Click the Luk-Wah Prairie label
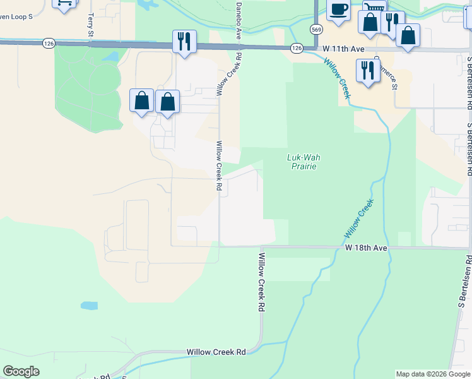(x=300, y=162)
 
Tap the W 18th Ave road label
(x=366, y=248)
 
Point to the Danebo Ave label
(x=239, y=21)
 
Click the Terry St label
(x=91, y=25)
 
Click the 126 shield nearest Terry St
(x=49, y=43)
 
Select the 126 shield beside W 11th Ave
(x=297, y=48)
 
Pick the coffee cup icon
(x=338, y=10)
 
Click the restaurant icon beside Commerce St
(x=367, y=69)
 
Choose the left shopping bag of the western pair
(x=141, y=100)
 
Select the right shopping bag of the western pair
(x=167, y=101)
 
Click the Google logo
(x=21, y=371)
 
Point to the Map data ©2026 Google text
(x=434, y=374)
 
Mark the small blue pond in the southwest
(x=89, y=306)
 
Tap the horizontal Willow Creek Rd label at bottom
(x=216, y=352)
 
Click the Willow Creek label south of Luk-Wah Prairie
(x=359, y=219)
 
